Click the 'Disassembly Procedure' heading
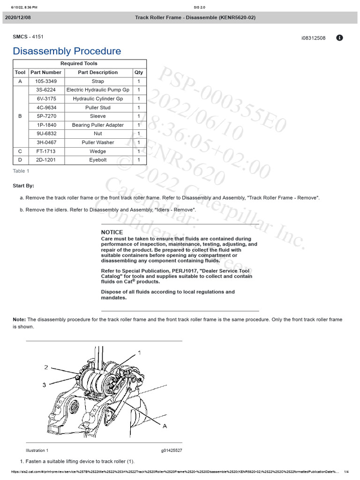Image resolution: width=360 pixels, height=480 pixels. (x=67, y=51)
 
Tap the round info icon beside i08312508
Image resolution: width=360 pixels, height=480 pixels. (x=340, y=38)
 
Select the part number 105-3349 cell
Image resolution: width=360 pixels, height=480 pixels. (x=45, y=81)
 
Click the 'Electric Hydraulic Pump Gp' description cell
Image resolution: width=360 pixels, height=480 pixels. (x=98, y=90)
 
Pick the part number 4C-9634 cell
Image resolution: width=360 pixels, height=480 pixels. (x=45, y=107)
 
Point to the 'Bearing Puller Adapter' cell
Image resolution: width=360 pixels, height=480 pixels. (x=98, y=125)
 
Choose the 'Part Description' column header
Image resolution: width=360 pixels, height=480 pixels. (x=98, y=73)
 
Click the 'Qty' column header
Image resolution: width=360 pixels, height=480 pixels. (x=139, y=73)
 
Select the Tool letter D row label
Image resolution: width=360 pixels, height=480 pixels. (x=20, y=160)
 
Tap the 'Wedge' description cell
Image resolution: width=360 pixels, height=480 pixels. (x=98, y=151)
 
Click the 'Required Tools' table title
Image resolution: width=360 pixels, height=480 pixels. (x=79, y=63)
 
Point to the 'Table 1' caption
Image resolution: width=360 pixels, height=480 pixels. (x=21, y=171)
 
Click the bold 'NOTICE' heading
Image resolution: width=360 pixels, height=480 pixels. (x=112, y=232)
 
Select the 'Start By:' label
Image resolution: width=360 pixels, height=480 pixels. (x=23, y=186)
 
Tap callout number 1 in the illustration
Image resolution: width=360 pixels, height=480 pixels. (x=139, y=352)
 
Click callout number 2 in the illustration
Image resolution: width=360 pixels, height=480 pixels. (x=46, y=367)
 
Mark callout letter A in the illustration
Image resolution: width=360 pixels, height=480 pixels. (x=165, y=426)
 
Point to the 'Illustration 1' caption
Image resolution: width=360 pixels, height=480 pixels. (x=37, y=450)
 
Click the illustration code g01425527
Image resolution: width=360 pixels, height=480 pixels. (x=172, y=450)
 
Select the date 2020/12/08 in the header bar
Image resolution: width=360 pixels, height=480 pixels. (x=18, y=17)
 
